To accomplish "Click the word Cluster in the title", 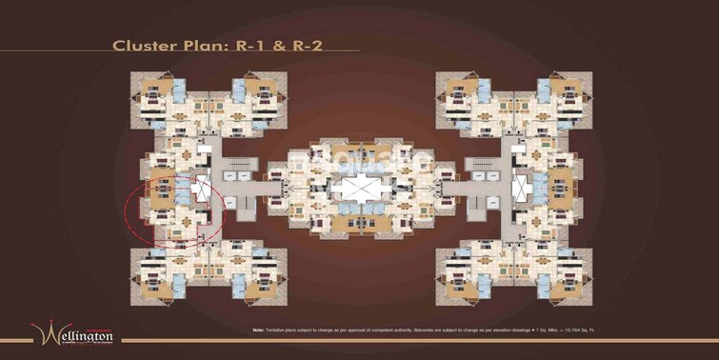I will (139, 45).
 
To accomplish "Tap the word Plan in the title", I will (192, 45).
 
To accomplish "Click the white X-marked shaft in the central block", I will (360, 187).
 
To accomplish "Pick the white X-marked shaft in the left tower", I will (202, 188).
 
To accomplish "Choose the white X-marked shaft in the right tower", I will (520, 187).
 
